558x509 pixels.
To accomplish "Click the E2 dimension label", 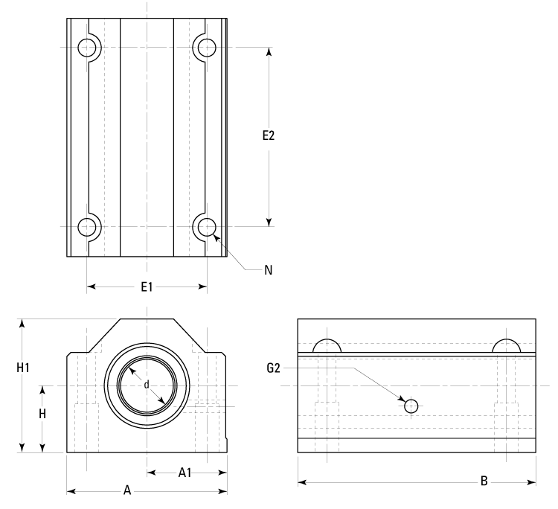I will [269, 136].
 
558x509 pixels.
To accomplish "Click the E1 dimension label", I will [147, 286].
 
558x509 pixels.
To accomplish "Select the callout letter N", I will [268, 270].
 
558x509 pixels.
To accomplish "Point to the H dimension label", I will [43, 414].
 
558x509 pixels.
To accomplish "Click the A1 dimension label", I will [186, 472].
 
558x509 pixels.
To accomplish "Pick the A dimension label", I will [127, 490].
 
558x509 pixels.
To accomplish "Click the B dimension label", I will [484, 482].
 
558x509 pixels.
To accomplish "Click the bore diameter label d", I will [147, 385].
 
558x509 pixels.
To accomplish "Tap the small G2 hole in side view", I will [411, 406].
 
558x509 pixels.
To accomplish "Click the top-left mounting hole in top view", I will [88, 48].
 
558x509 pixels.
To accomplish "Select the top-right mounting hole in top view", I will [206, 48].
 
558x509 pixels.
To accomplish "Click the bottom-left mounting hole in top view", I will [88, 226].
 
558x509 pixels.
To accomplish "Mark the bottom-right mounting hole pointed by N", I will [206, 226].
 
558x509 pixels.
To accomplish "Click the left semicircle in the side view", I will [327, 347].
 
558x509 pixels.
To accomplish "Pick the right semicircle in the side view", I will [506, 347].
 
